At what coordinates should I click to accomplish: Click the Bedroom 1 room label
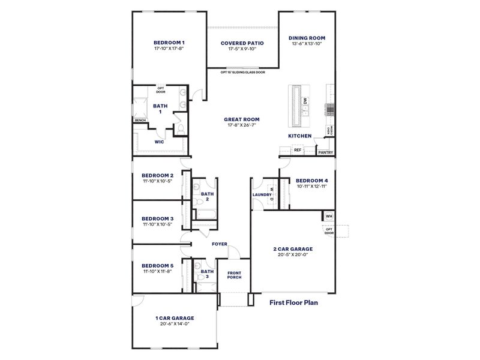pyautogui.click(x=169, y=43)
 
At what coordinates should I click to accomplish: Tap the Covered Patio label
pyautogui.click(x=242, y=43)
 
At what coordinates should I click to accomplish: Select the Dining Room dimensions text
pyautogui.click(x=308, y=44)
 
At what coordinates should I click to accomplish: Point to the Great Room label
pyautogui.click(x=242, y=119)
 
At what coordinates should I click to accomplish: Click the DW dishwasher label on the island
pyautogui.click(x=305, y=101)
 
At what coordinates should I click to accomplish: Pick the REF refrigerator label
pyautogui.click(x=297, y=150)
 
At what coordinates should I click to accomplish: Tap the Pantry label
pyautogui.click(x=326, y=152)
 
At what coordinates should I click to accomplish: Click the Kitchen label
pyautogui.click(x=300, y=136)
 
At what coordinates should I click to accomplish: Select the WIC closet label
pyautogui.click(x=160, y=142)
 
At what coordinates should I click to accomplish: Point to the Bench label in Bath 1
pyautogui.click(x=140, y=121)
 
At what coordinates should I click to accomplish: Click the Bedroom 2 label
pyautogui.click(x=158, y=175)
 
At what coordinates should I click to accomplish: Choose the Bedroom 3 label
pyautogui.click(x=158, y=218)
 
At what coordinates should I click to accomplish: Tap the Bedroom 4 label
pyautogui.click(x=312, y=180)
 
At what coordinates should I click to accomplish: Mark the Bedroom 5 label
pyautogui.click(x=158, y=266)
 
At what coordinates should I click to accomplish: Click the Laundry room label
pyautogui.click(x=263, y=195)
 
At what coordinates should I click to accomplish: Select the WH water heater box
pyautogui.click(x=328, y=216)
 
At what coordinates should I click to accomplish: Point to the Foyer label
pyautogui.click(x=220, y=244)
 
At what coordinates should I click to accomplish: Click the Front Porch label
pyautogui.click(x=234, y=275)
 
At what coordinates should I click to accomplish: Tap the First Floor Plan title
pyautogui.click(x=293, y=303)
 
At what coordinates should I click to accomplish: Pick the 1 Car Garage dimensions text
pyautogui.click(x=175, y=324)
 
